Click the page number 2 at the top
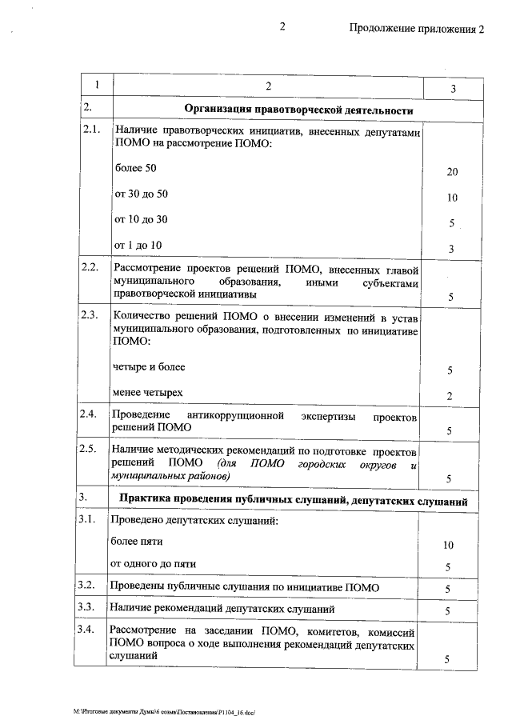tap(282, 28)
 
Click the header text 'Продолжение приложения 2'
tap(417, 30)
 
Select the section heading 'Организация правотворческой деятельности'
tap(299, 109)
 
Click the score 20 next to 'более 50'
tap(452, 172)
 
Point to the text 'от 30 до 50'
tap(142, 194)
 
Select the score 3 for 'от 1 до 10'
tap(451, 249)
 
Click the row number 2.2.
tap(90, 267)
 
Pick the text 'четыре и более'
tap(150, 366)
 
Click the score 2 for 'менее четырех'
tap(450, 395)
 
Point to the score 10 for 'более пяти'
tap(448, 545)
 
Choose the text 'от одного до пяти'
tap(153, 562)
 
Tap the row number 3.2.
tap(89, 585)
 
